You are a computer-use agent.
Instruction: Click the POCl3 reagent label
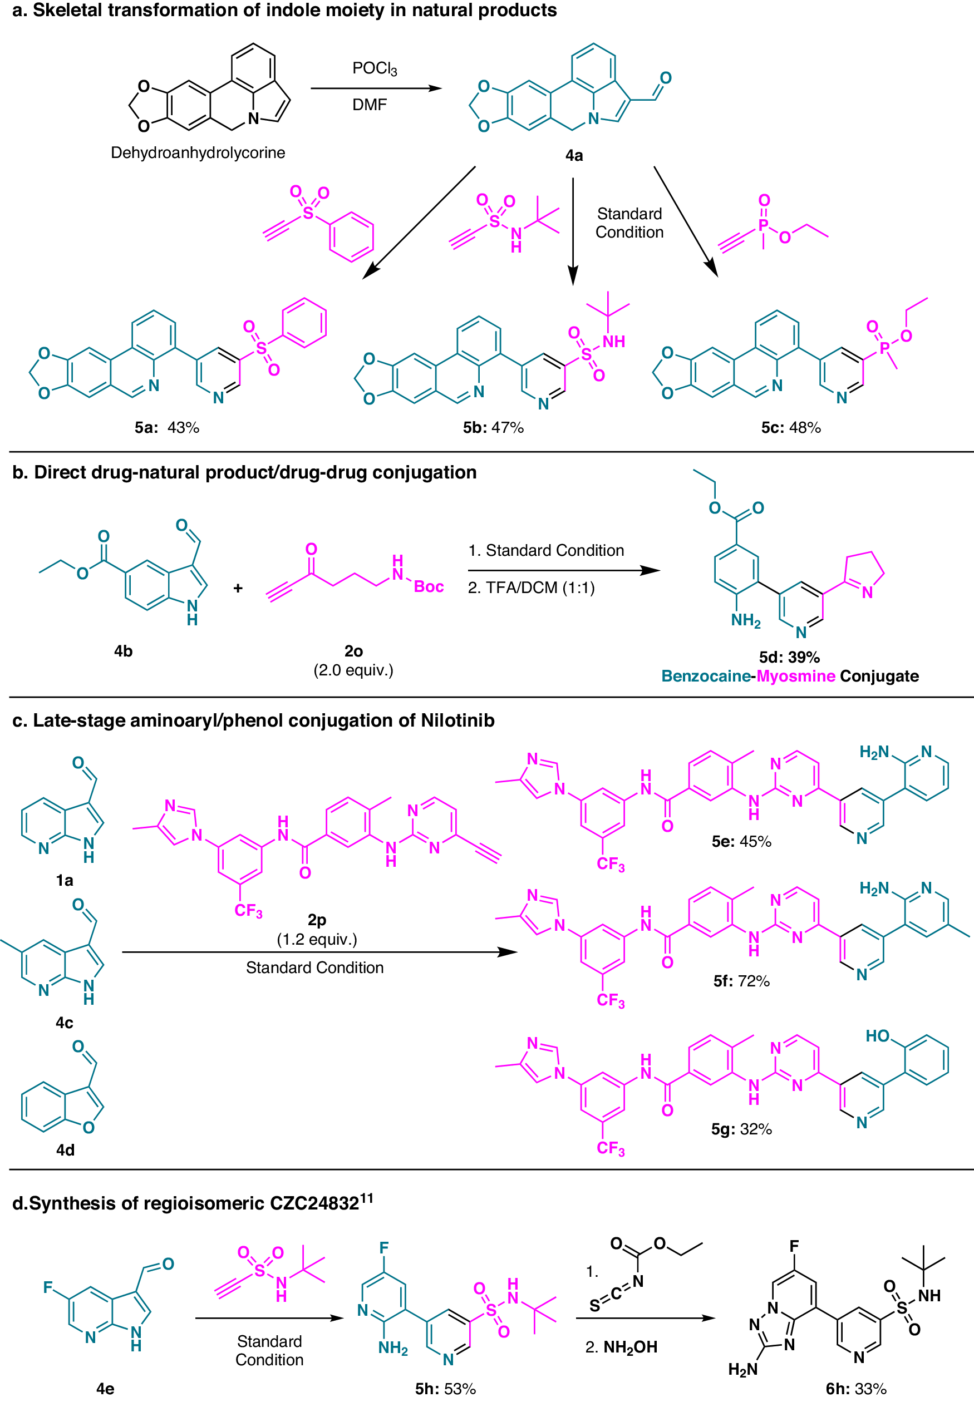point(374,68)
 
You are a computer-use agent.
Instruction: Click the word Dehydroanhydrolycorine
point(198,152)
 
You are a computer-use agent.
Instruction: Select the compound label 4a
point(574,156)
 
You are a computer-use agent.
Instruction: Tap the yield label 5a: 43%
point(166,427)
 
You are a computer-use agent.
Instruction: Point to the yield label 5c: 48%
point(790,427)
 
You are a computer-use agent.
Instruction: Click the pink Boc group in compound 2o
point(429,586)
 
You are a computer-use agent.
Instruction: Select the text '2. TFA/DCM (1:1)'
point(531,587)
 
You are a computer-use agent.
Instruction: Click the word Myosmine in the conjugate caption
point(796,676)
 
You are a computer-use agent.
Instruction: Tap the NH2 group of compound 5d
point(746,620)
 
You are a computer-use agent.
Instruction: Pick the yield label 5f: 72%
point(741,981)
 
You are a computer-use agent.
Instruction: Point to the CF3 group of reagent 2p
point(248,911)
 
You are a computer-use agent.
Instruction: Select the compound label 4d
point(65,1150)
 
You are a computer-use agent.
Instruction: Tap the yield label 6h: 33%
point(855,1389)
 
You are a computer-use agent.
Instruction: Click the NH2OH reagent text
point(630,1346)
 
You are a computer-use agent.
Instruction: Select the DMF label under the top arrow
point(369,105)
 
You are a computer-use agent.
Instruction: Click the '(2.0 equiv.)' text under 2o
point(353,670)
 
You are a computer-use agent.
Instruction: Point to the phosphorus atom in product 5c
point(884,348)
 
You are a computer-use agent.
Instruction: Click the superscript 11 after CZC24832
point(366,1198)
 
